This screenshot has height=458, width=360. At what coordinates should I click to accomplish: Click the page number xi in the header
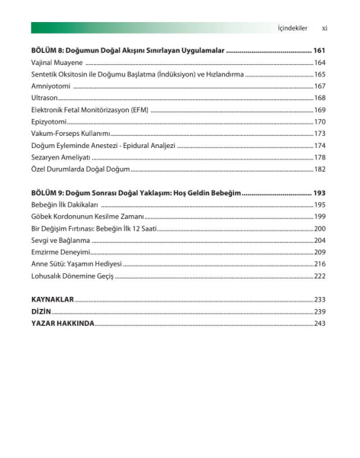coord(324,28)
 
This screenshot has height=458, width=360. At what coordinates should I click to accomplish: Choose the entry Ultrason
coord(44,98)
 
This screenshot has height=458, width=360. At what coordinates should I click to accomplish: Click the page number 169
coord(320,110)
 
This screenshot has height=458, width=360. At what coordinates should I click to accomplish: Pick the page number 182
coord(320,169)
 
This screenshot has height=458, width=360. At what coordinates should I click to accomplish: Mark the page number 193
coord(320,193)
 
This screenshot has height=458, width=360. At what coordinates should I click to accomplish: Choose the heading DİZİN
coord(41,311)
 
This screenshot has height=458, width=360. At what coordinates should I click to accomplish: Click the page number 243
coord(320,324)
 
